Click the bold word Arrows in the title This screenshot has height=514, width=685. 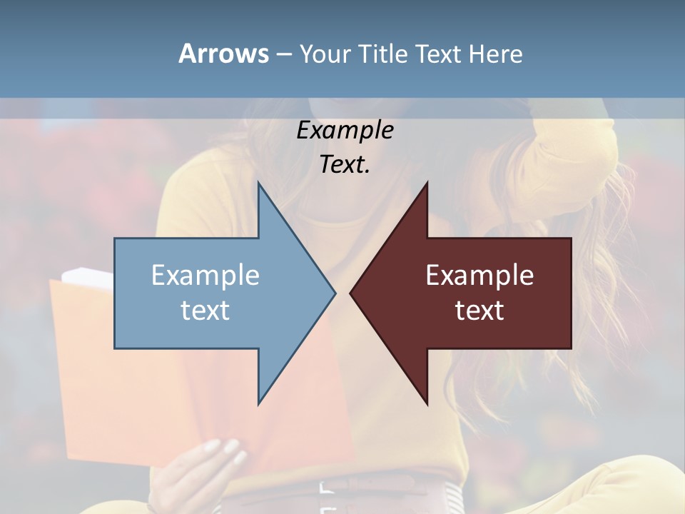223,54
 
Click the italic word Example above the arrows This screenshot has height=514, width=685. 345,130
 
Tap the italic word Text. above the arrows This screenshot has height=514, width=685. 345,164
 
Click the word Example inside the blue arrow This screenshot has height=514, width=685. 205,276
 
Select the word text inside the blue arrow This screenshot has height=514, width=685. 205,311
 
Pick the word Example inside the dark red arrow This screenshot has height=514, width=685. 479,276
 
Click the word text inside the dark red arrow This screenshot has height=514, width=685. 479,311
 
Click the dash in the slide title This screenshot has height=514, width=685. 283,54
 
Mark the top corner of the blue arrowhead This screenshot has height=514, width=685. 258,183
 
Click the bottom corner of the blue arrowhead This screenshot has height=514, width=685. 258,403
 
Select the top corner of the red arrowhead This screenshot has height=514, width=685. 427,183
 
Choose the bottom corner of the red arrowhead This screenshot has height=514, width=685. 427,403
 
